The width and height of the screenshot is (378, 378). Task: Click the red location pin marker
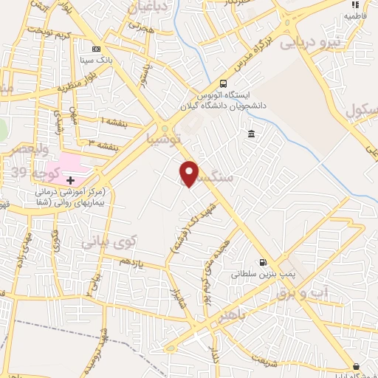(190, 173)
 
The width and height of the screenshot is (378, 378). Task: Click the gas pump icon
(262, 262)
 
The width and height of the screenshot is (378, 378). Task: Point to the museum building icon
(252, 134)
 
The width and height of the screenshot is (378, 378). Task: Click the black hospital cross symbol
(70, 180)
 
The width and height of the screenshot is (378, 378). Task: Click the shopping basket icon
(357, 366)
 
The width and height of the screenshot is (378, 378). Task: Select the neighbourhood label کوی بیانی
(109, 241)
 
